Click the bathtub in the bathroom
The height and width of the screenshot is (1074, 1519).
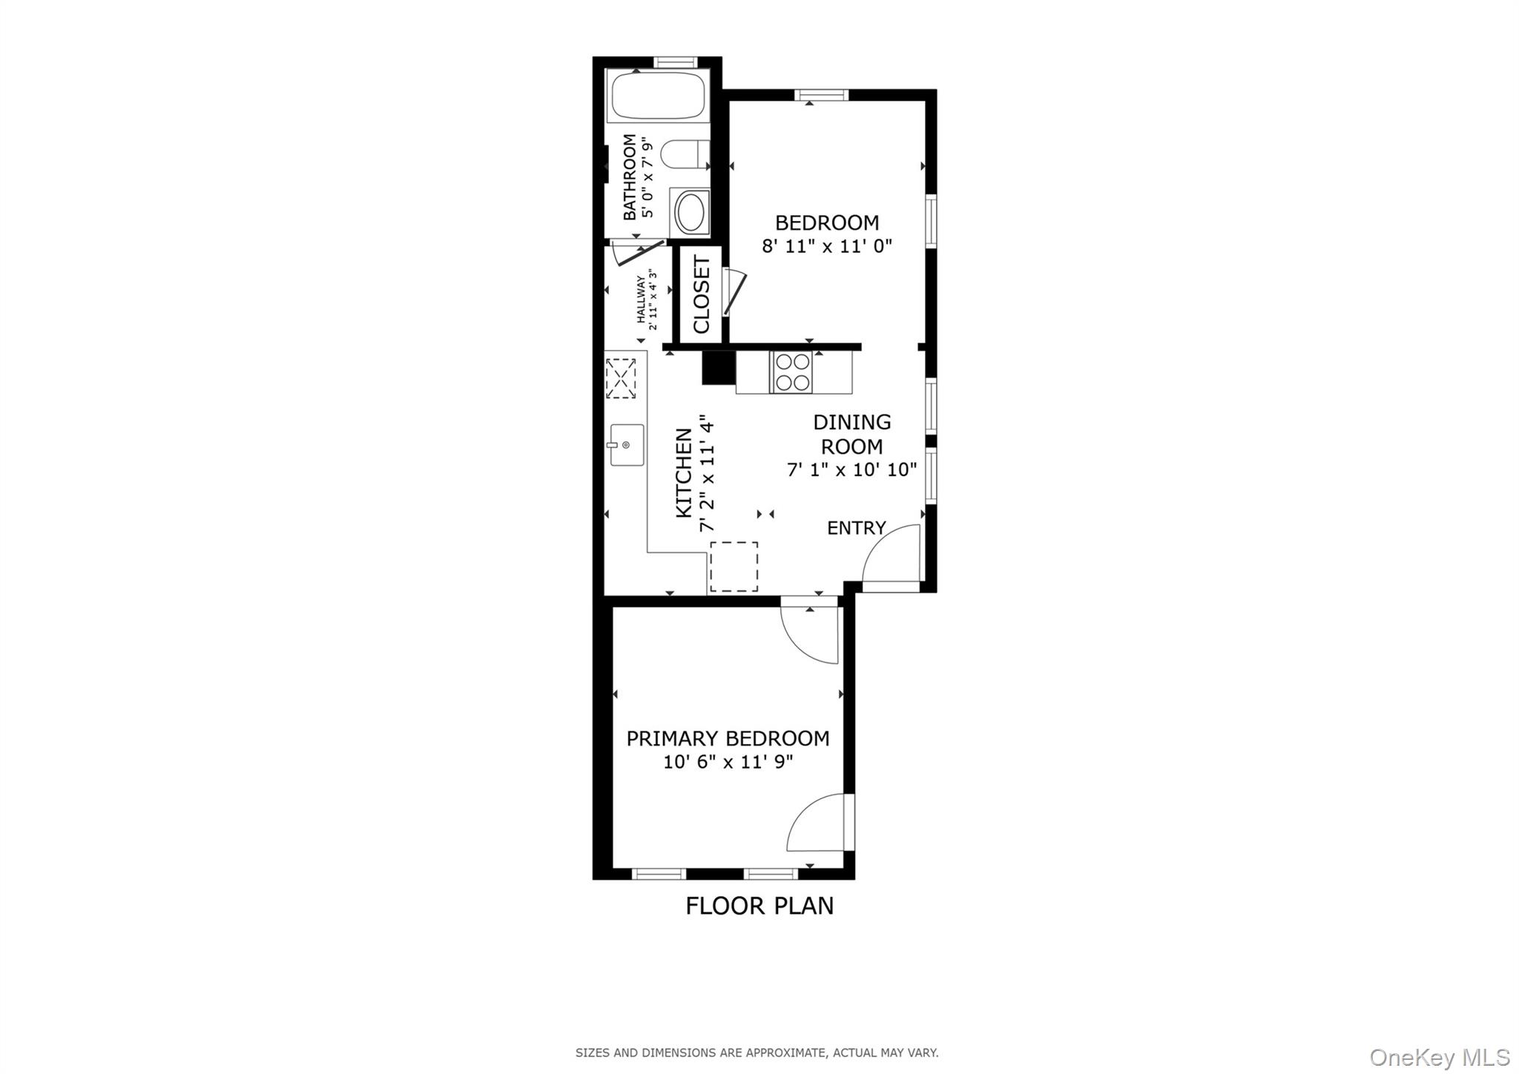click(657, 96)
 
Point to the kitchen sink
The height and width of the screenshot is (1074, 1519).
click(626, 444)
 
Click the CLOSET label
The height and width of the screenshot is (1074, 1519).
click(702, 294)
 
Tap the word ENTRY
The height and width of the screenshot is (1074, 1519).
click(856, 528)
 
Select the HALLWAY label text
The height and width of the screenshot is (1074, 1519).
click(640, 300)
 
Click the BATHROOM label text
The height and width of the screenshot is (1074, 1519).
click(630, 177)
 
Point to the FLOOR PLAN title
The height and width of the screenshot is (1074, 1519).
click(759, 906)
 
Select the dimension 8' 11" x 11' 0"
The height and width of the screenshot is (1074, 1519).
click(826, 246)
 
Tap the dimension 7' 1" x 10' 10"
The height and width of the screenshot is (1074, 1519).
click(851, 470)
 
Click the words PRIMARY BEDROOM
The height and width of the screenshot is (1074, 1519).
click(728, 739)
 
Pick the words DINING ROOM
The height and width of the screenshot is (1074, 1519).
click(851, 434)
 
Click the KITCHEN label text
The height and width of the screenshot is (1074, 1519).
click(684, 473)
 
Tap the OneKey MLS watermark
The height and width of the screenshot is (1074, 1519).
click(1439, 1056)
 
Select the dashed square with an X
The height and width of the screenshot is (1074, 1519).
click(621, 378)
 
